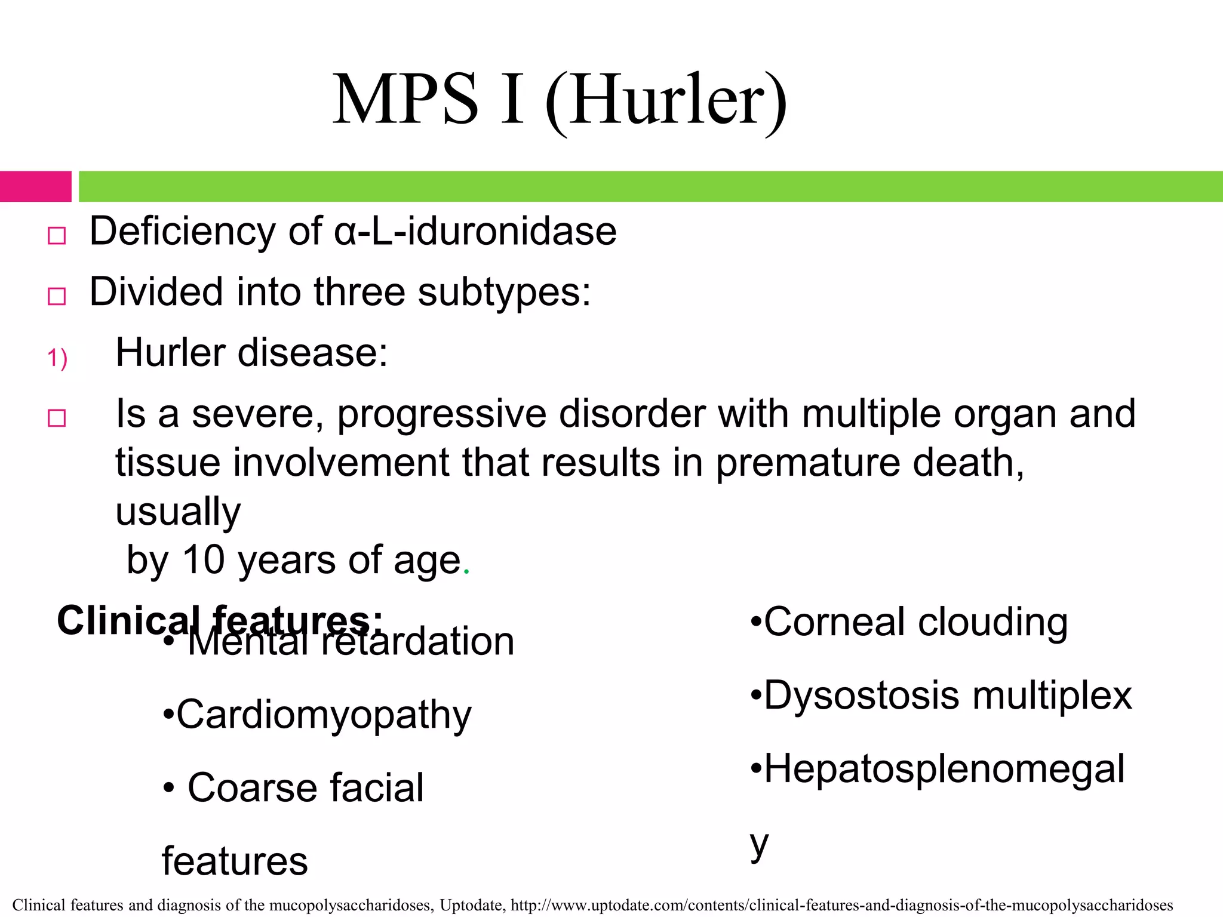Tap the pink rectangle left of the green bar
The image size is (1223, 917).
pyautogui.click(x=35, y=186)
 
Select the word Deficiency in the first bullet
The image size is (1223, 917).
pyautogui.click(x=183, y=232)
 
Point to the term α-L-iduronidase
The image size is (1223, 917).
pyautogui.click(x=475, y=232)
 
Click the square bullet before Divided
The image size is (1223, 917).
pyautogui.click(x=57, y=296)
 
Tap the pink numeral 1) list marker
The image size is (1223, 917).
pyautogui.click(x=57, y=358)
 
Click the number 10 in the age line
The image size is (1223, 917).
pyautogui.click(x=203, y=560)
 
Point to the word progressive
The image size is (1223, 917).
pyautogui.click(x=442, y=414)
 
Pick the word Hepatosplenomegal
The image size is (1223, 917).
pyautogui.click(x=944, y=769)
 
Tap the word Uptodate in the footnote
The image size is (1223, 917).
pyautogui.click(x=472, y=905)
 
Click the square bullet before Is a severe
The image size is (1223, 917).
pyautogui.click(x=57, y=418)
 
